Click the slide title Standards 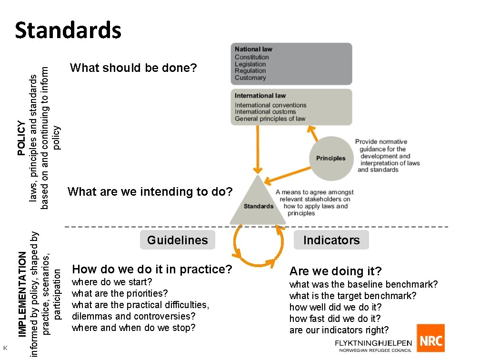click(68, 30)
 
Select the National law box click(291, 64)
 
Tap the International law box click(291, 107)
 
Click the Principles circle click(330, 158)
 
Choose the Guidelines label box click(178, 240)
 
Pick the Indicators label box click(331, 240)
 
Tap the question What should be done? click(133, 68)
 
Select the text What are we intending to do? click(150, 192)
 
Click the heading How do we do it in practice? click(152, 270)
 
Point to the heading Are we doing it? click(336, 271)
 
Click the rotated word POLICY click(21, 138)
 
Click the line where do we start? click(112, 282)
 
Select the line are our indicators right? click(339, 330)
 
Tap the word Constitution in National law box click(252, 57)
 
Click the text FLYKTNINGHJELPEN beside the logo click(373, 343)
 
